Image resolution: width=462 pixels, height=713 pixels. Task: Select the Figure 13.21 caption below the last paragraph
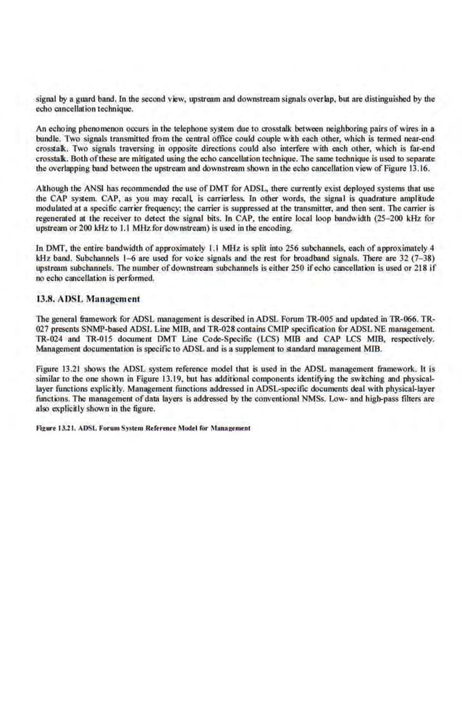(143, 428)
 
